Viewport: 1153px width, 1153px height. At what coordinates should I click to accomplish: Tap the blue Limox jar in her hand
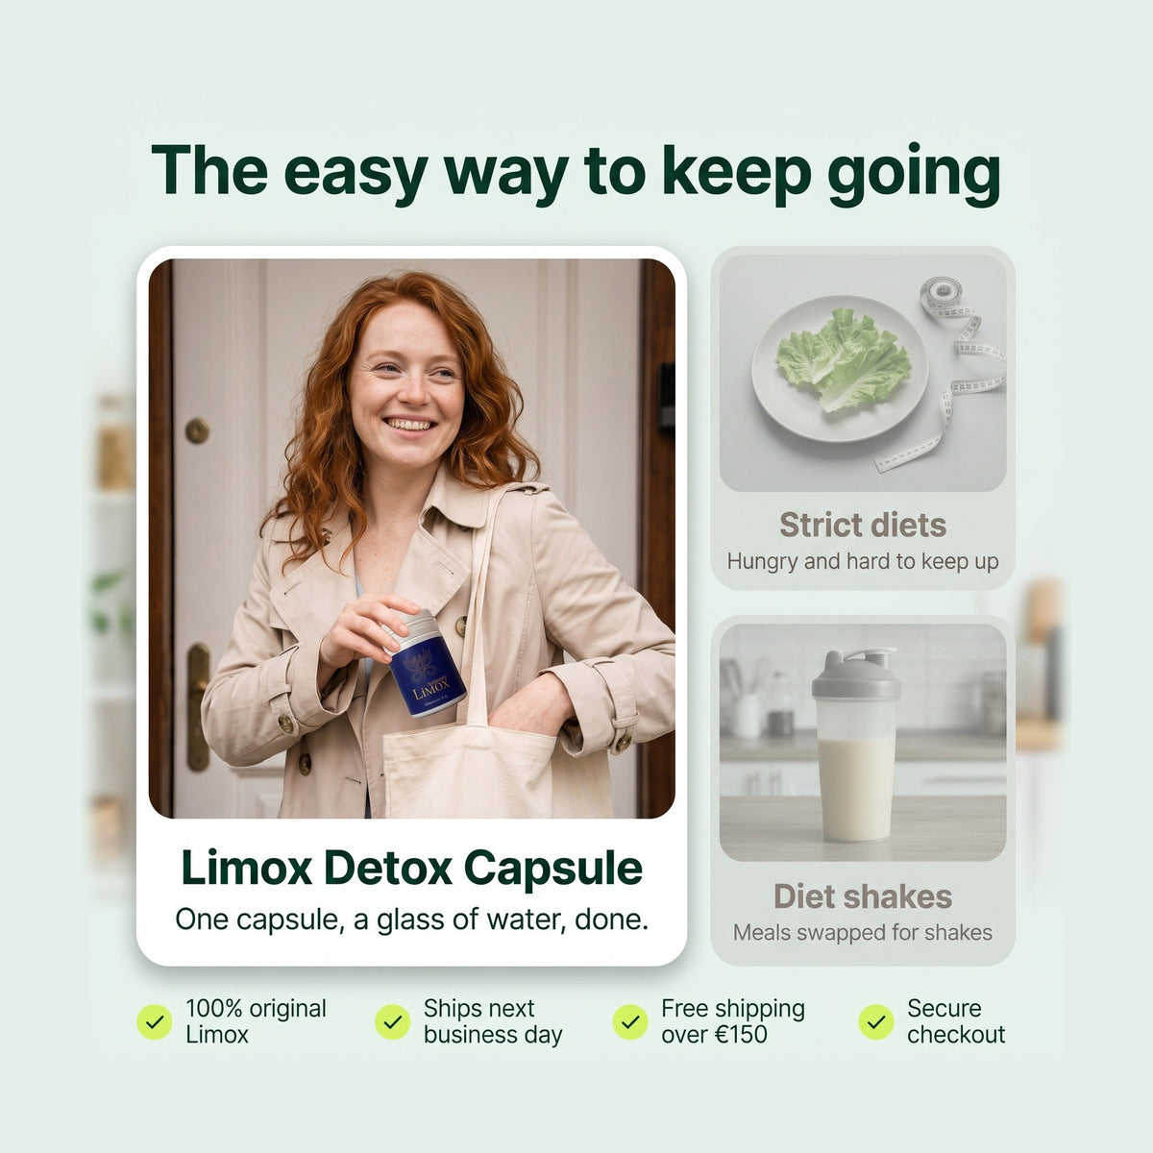[x=426, y=665]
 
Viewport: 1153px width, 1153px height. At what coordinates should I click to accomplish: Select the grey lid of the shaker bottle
[x=856, y=673]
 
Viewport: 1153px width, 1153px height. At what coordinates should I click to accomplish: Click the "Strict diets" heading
[x=862, y=525]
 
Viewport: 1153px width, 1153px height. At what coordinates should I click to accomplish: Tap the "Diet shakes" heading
[x=862, y=896]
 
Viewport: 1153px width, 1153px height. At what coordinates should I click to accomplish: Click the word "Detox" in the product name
[x=388, y=867]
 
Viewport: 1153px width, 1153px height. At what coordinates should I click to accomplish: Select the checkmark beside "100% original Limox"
[x=155, y=1021]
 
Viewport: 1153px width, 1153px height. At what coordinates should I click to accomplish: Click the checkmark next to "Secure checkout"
[x=876, y=1021]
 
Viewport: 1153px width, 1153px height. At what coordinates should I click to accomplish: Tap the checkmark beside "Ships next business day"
[x=393, y=1021]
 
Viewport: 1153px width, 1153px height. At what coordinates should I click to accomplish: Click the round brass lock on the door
[x=197, y=430]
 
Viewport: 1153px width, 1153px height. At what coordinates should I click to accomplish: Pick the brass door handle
[x=198, y=706]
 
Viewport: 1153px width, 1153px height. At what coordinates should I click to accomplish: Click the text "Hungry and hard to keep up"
[x=862, y=562]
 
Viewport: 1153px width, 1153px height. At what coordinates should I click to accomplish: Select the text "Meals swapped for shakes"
[x=862, y=932]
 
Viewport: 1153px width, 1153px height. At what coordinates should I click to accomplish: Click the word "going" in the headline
[x=913, y=174]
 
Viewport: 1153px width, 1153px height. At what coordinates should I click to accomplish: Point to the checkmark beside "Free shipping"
[x=630, y=1021]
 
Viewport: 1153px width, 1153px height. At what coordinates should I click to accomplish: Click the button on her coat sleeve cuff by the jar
[x=286, y=723]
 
